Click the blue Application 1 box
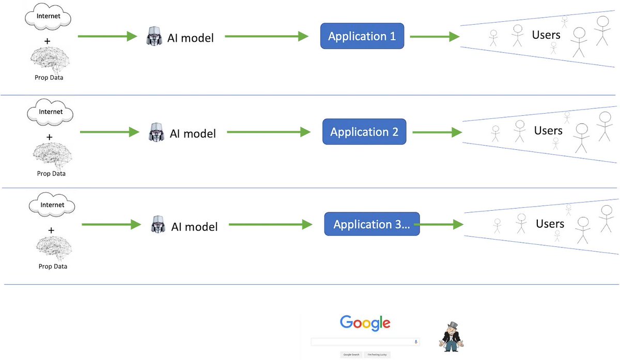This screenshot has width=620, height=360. (x=362, y=36)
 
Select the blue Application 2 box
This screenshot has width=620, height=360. (x=364, y=132)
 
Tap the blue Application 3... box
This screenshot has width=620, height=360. (x=371, y=224)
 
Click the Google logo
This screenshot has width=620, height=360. (x=365, y=323)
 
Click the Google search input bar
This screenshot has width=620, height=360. (x=365, y=342)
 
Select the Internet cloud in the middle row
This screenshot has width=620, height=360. (x=50, y=113)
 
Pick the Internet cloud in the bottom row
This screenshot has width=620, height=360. (x=52, y=206)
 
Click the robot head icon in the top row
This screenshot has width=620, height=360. (x=154, y=37)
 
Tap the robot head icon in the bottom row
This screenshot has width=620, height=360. (x=158, y=225)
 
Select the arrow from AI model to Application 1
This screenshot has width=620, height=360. (x=266, y=36)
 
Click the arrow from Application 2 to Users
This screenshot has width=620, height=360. (x=437, y=132)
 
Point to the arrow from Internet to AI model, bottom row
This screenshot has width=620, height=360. (x=111, y=225)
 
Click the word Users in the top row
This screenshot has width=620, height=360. (x=546, y=35)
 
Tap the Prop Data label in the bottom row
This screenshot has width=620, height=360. (x=53, y=267)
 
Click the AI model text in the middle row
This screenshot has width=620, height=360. (x=193, y=133)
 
